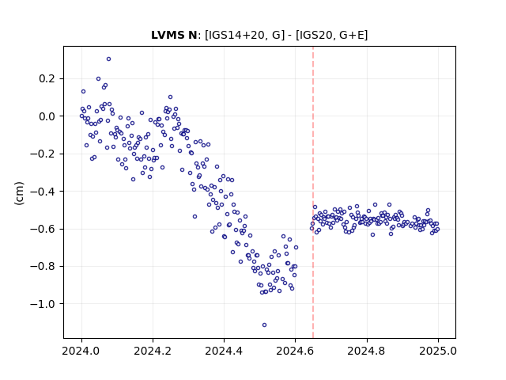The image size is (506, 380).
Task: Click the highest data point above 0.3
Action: [109, 59]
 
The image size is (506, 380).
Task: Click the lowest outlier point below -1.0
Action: [264, 325]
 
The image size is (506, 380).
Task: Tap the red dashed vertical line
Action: [313, 192]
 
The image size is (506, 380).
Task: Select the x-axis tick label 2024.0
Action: [81, 351]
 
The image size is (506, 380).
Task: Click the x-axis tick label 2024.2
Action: [153, 351]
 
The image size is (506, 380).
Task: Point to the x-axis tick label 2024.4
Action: [224, 351]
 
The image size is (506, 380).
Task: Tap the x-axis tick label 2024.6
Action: [295, 351]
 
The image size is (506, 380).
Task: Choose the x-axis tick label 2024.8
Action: [367, 351]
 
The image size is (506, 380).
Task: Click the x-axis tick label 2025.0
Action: [438, 351]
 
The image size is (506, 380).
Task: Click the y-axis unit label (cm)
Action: [19, 193]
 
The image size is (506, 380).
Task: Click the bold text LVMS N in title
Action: [174, 35]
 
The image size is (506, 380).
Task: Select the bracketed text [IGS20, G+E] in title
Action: [331, 35]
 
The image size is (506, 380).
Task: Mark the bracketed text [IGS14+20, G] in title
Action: [245, 35]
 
